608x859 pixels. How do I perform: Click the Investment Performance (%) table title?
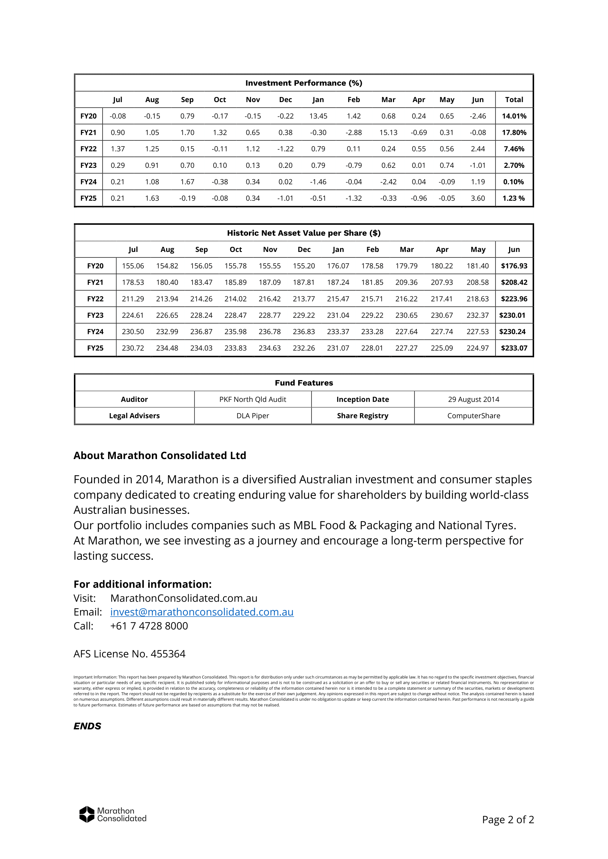[304, 83]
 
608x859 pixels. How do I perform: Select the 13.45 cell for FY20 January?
[318, 116]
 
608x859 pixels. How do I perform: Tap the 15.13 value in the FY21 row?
[388, 133]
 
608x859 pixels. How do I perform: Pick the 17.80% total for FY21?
[514, 133]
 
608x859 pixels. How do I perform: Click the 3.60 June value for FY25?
[478, 198]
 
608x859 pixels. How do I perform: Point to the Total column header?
[514, 100]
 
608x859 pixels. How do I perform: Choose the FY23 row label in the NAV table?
[95, 315]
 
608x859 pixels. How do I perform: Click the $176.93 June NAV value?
[514, 266]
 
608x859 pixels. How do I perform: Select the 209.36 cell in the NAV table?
[406, 282]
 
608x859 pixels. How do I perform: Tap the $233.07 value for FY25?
[514, 348]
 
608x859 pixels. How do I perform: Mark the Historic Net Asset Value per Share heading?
[304, 233]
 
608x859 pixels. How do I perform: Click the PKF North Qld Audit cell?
[253, 400]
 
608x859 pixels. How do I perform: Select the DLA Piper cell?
[253, 416]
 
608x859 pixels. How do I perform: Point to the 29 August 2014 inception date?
[473, 400]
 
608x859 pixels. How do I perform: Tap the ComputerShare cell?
[473, 416]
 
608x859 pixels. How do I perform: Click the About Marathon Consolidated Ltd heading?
[160, 456]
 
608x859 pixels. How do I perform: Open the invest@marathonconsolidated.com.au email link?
[202, 612]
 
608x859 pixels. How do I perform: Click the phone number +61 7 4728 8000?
[149, 626]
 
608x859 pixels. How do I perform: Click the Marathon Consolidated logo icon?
[87, 815]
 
